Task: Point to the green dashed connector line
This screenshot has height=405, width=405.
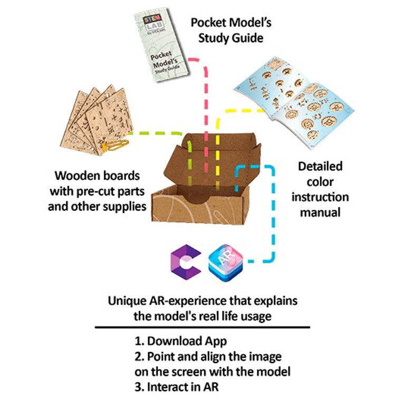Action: coord(158,133)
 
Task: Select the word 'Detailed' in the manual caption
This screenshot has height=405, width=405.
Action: coord(320,167)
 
